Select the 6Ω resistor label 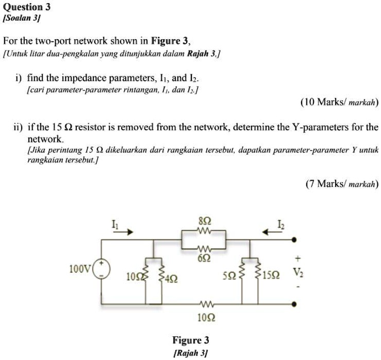(204, 258)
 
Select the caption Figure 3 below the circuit (191, 340)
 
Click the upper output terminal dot (294, 239)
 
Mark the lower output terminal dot (294, 304)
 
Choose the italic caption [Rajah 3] (191, 353)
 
